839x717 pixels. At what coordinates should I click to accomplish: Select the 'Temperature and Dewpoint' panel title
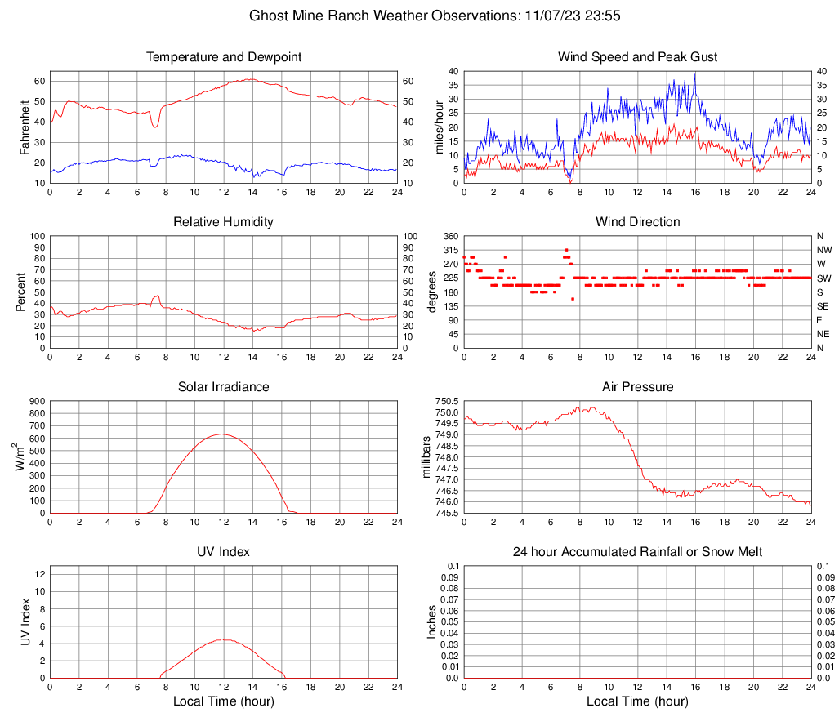[223, 57]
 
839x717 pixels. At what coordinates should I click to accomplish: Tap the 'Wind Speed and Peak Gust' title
[637, 57]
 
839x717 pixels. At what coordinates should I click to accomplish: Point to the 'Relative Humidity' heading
[223, 222]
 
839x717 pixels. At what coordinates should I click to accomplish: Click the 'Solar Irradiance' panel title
[223, 387]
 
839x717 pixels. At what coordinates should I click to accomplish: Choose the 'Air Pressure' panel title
[637, 387]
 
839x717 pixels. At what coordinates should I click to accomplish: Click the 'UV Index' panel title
[223, 552]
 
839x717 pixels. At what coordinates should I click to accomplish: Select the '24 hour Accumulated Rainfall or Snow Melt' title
[637, 552]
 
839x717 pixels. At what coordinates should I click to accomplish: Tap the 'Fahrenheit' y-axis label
[24, 127]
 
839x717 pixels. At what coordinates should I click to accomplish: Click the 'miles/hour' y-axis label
[438, 127]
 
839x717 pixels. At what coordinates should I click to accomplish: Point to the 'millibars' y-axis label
[426, 456]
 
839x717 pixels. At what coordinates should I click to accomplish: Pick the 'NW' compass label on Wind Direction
[824, 250]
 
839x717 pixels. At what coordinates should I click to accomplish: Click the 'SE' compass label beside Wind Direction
[824, 306]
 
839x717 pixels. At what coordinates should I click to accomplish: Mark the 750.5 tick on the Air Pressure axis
[447, 401]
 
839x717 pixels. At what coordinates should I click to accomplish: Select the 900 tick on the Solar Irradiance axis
[37, 401]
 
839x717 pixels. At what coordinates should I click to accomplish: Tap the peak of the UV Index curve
[223, 639]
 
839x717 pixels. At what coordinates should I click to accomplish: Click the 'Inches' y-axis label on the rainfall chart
[432, 621]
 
